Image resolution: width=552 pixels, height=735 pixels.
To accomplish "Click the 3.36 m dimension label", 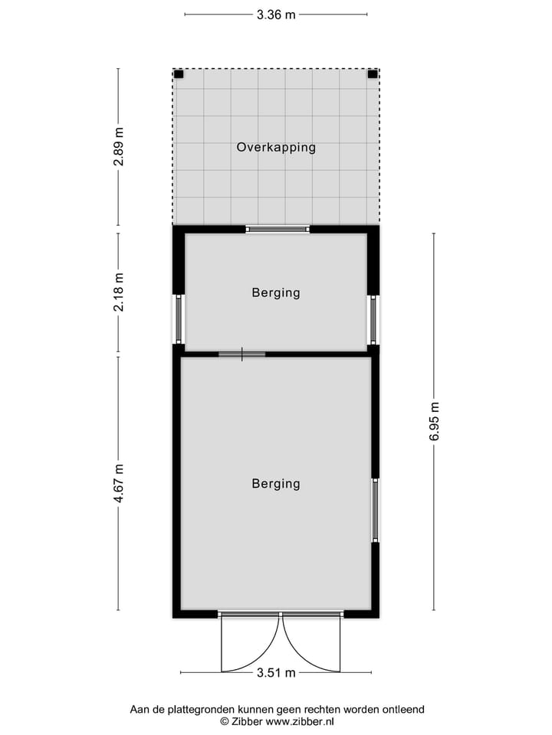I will click(x=276, y=14).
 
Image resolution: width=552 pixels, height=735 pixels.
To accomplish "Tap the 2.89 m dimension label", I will click(x=118, y=148).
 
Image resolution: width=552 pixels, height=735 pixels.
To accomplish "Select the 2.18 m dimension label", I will click(x=118, y=292).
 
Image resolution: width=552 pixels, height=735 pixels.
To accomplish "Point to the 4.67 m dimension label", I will click(x=118, y=484).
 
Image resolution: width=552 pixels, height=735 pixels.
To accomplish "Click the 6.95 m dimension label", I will click(x=434, y=421).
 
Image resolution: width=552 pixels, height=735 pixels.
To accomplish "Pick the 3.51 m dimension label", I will click(x=276, y=673).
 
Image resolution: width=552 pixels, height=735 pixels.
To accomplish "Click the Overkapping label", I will click(x=276, y=147).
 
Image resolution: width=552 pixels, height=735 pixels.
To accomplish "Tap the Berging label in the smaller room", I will click(x=276, y=292).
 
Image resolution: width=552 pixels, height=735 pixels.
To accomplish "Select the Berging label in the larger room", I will click(x=276, y=484).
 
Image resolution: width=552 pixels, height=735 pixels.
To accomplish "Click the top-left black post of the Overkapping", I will click(x=179, y=74).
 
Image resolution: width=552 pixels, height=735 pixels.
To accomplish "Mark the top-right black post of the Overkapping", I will click(x=373, y=74).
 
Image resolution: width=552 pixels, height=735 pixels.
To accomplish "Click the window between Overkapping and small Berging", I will click(x=278, y=228).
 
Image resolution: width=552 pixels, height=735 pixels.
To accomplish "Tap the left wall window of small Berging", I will click(x=179, y=319).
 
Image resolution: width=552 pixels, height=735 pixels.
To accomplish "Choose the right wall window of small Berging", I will click(x=373, y=319).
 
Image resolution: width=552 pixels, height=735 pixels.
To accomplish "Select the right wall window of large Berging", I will click(x=375, y=510).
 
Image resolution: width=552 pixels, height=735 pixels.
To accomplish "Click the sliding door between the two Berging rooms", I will click(x=242, y=354).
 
